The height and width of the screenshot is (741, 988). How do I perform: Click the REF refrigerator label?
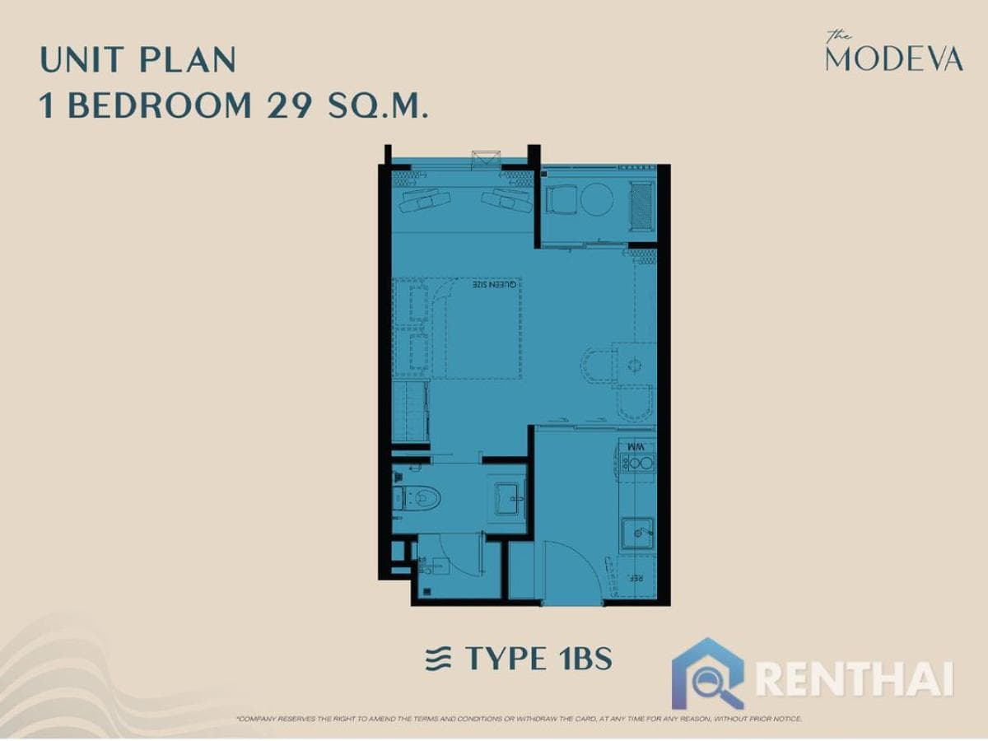[x=636, y=579]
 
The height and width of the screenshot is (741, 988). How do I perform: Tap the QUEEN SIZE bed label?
[x=498, y=285]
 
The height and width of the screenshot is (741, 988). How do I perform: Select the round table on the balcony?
[x=597, y=198]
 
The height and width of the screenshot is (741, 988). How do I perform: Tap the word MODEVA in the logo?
[x=893, y=59]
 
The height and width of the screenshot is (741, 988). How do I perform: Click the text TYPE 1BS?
[x=538, y=659]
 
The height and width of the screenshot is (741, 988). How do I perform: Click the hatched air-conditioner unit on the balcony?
[x=641, y=206]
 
